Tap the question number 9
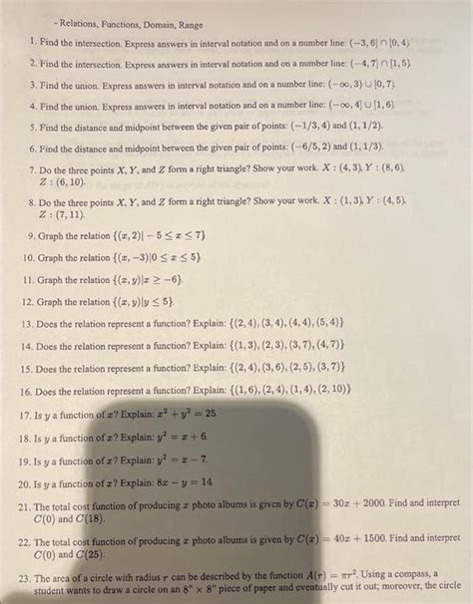coord(32,235)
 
